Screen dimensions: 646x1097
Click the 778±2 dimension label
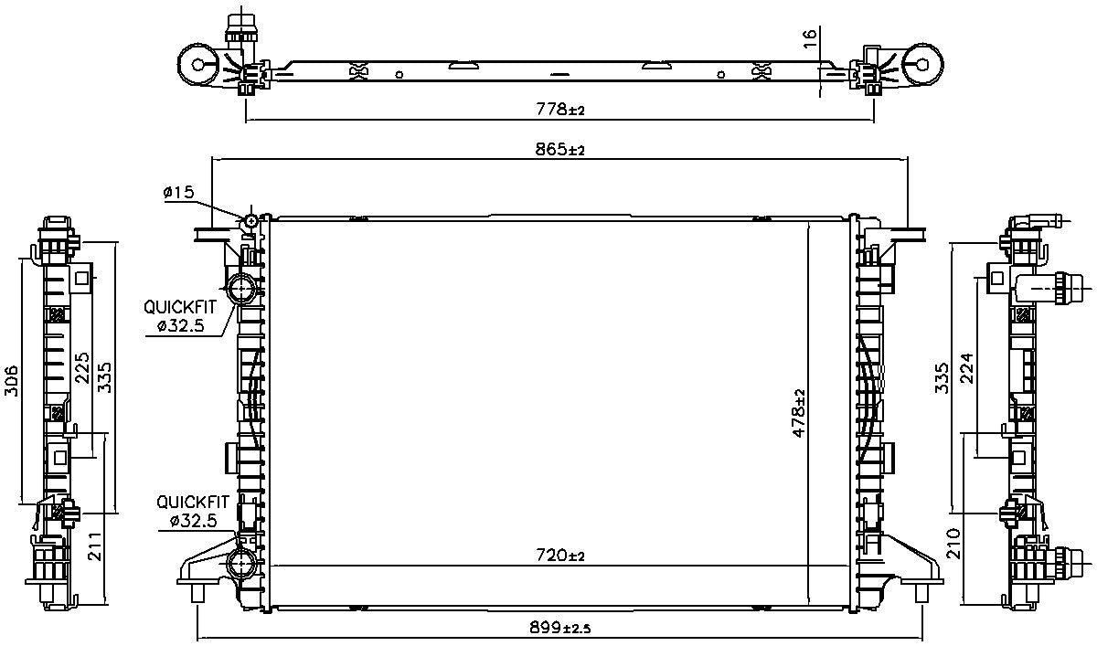pos(560,110)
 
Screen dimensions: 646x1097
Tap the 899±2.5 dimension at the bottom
pos(560,629)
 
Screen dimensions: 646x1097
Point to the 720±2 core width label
pos(560,555)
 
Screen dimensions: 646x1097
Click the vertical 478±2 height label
pos(799,413)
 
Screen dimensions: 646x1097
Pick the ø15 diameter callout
pos(178,192)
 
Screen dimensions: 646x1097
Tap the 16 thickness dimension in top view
pos(808,39)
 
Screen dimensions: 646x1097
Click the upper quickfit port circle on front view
pos(244,290)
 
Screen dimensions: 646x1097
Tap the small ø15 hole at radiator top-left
pos(251,221)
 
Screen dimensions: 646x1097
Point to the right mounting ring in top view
pos(923,64)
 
